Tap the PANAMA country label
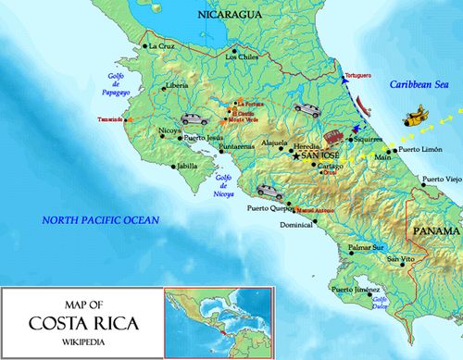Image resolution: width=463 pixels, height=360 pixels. [434, 230]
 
